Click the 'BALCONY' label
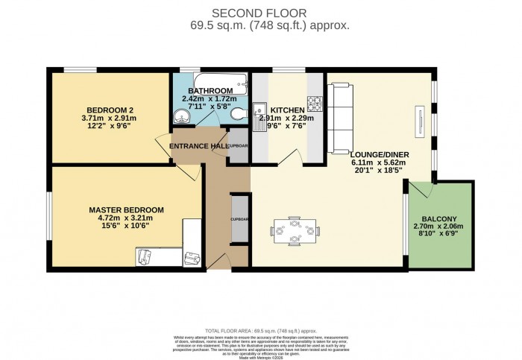(x=438, y=218)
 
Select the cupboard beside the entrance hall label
(x=238, y=146)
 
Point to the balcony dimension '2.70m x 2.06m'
(x=438, y=227)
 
